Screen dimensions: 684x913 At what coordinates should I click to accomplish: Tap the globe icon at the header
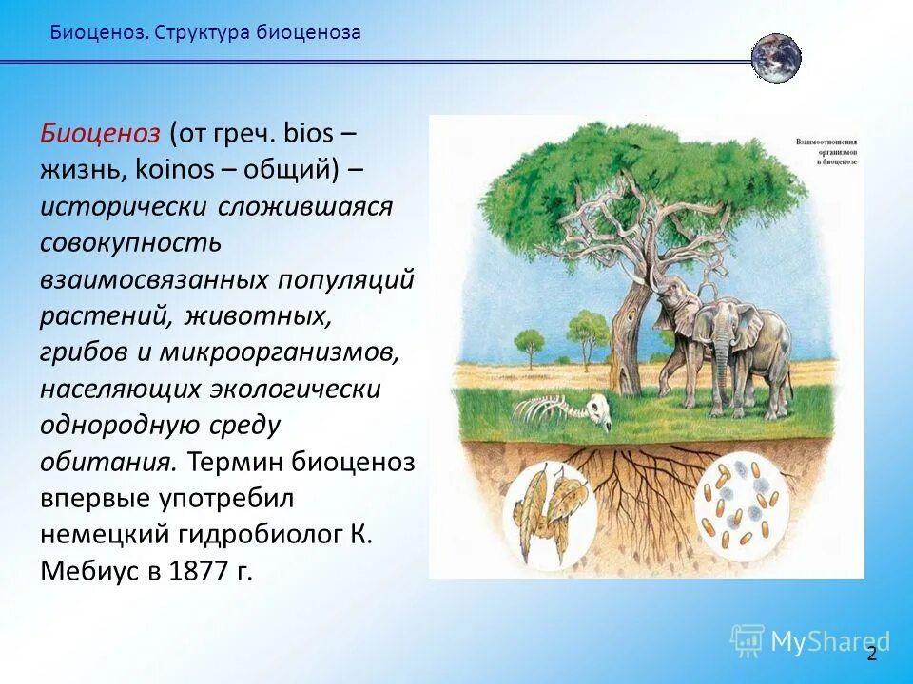point(776,58)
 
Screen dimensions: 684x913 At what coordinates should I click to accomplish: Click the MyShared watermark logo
point(809,641)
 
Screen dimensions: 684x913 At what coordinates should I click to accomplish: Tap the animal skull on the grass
point(596,411)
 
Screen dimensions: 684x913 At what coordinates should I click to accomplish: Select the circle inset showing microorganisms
point(744,501)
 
